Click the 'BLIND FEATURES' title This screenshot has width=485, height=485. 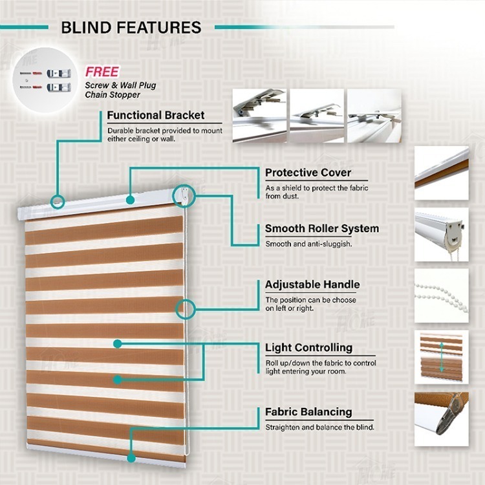point(131,28)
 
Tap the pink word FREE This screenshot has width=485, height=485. point(102,72)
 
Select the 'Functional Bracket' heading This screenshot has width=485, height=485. point(156,115)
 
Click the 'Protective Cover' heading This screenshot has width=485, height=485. point(308,173)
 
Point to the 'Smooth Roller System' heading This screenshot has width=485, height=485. point(322,228)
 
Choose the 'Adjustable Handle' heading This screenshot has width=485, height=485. point(312,285)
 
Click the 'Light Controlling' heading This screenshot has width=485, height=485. point(308,348)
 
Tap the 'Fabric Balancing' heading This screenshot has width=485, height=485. point(308,412)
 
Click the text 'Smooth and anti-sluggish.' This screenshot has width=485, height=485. point(308,244)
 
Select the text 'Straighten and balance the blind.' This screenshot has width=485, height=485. point(320,427)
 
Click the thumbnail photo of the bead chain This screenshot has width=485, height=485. point(442,296)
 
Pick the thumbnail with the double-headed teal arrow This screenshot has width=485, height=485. point(442,357)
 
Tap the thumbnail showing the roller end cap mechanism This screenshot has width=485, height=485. point(442,235)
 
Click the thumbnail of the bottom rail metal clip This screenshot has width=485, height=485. point(442,419)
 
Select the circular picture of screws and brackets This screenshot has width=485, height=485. point(45,80)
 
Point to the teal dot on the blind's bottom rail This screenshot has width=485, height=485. point(131,458)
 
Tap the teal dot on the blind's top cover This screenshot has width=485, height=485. point(130,200)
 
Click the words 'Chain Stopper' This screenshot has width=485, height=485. point(113,95)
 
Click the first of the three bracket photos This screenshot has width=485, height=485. point(259,116)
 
